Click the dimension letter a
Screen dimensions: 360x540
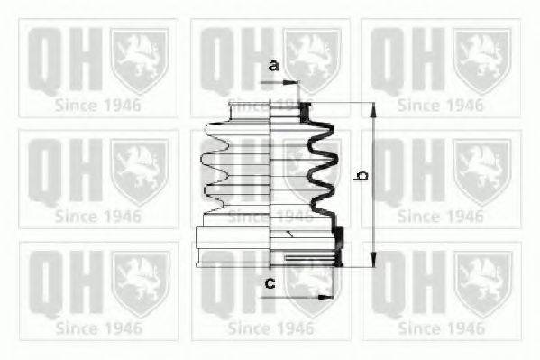273,66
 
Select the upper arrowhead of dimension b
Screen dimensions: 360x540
371,107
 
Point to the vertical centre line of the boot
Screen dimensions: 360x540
271,180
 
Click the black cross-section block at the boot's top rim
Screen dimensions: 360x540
304,111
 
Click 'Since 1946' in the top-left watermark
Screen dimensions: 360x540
97,104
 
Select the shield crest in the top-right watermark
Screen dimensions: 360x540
479,58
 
